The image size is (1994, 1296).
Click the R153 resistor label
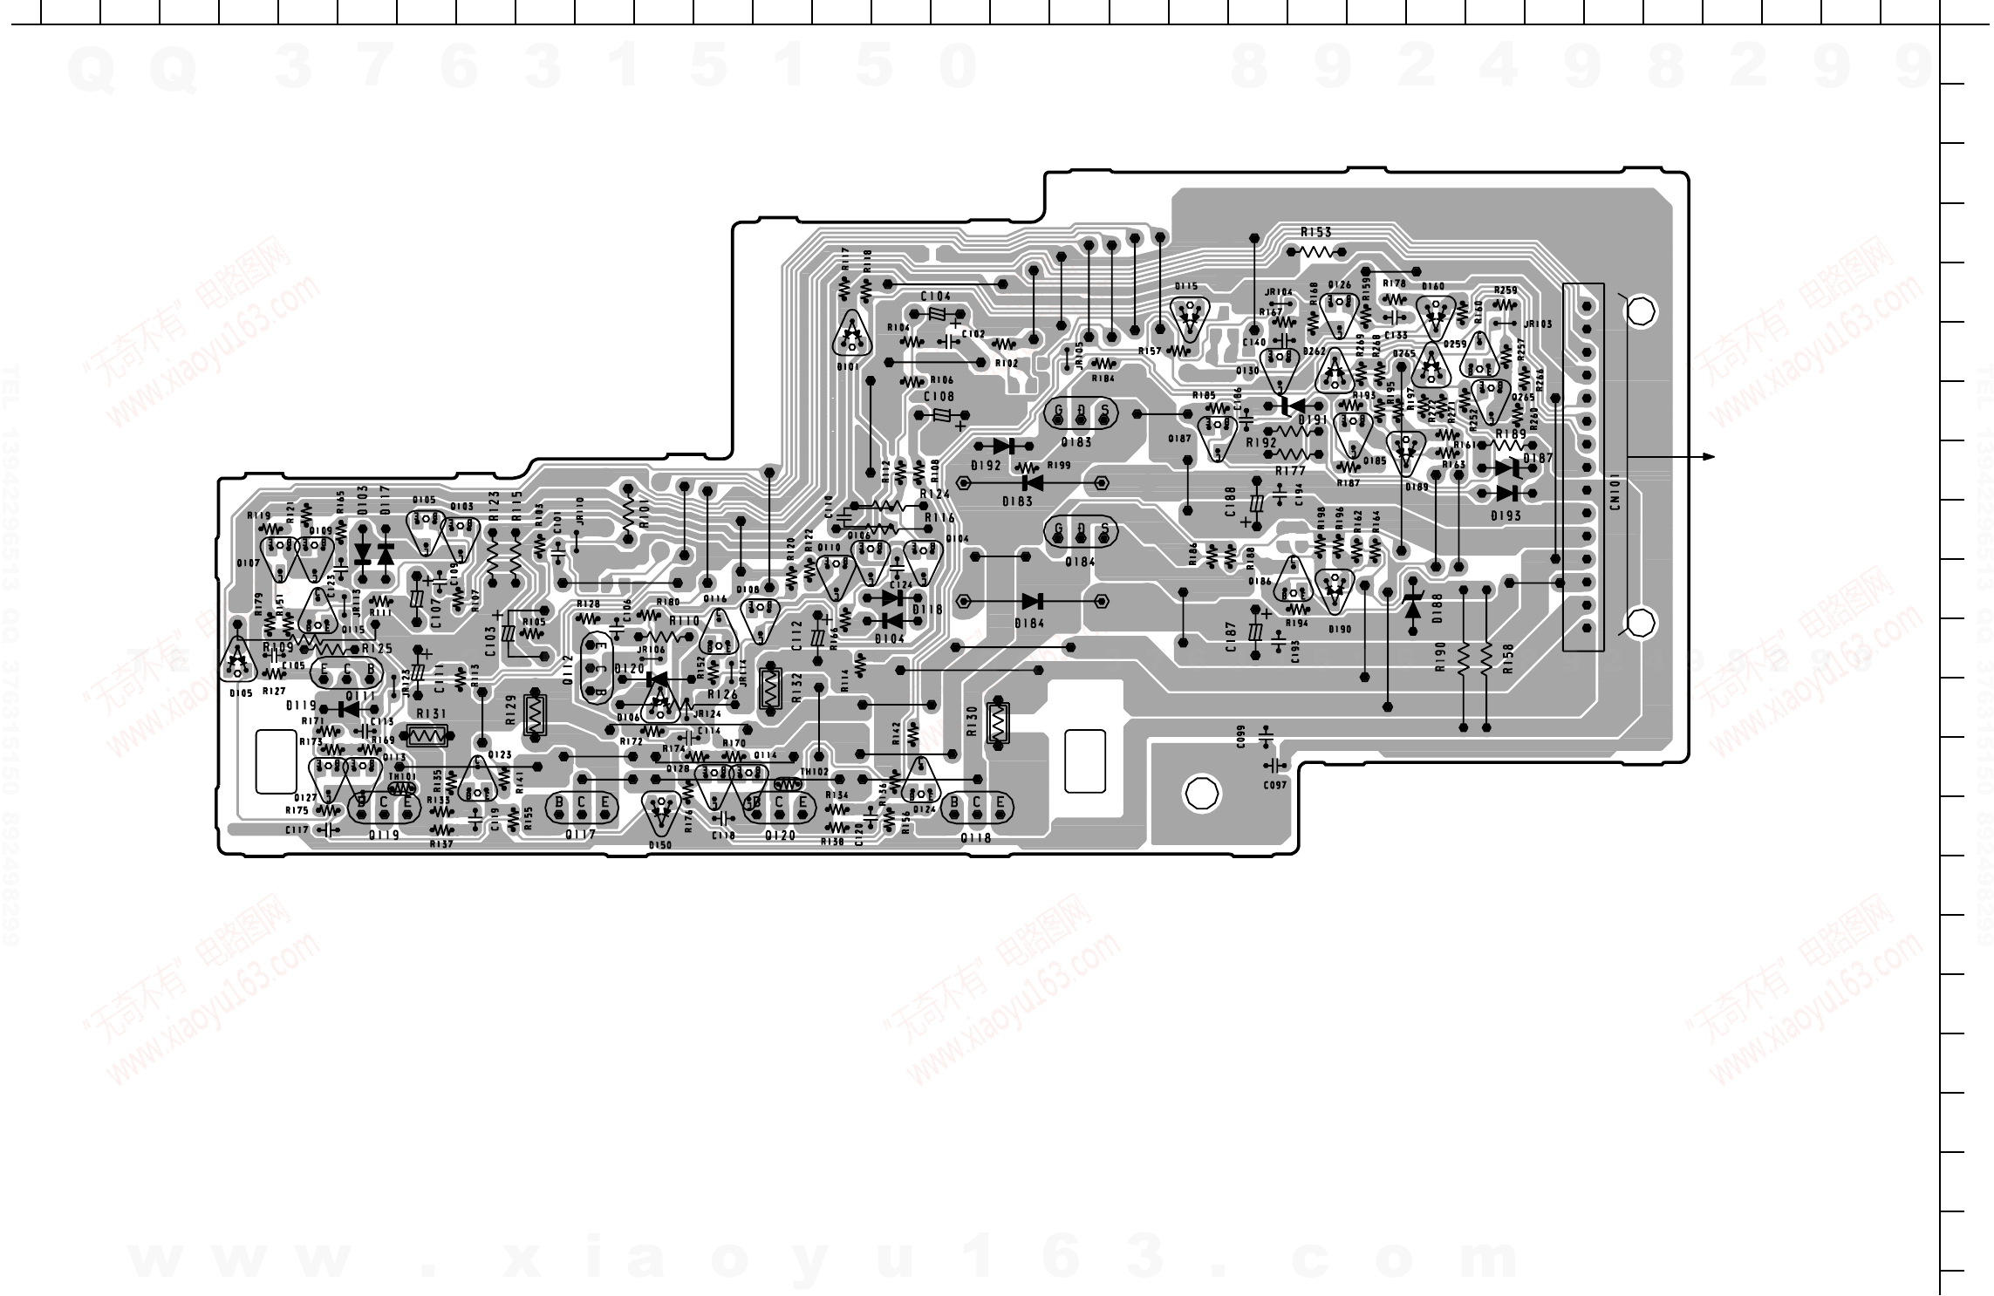[1315, 232]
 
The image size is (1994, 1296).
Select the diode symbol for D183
[1033, 481]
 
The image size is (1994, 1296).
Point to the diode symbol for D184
[1033, 601]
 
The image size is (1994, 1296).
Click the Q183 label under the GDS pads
[1078, 442]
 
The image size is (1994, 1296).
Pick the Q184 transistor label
[1080, 562]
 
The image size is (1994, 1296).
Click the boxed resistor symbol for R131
[427, 735]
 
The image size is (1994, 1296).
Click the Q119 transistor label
[384, 835]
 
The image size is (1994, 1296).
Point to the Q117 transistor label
[580, 835]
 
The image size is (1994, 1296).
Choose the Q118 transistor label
[976, 837]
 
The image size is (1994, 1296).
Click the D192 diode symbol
[1013, 446]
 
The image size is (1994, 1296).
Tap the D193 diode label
[1506, 515]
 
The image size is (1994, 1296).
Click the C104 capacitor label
[935, 297]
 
